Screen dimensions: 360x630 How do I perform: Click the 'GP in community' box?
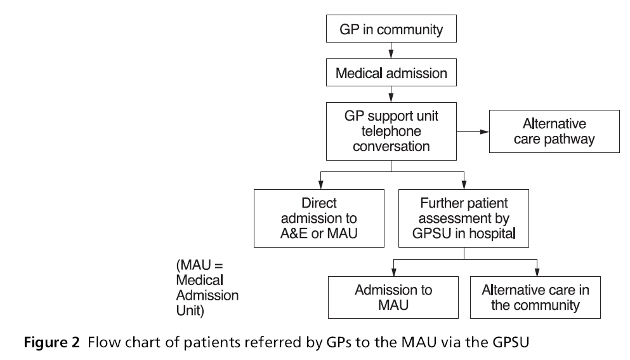pos(391,30)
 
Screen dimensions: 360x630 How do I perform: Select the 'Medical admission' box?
pos(391,73)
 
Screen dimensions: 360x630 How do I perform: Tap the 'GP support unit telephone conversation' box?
pos(391,131)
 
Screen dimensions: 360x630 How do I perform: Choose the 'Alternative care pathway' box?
pos(554,131)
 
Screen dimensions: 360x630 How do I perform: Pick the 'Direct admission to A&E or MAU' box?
pos(318,218)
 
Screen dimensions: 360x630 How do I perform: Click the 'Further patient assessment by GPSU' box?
pos(464,218)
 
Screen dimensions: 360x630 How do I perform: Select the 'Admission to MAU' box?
pos(393,297)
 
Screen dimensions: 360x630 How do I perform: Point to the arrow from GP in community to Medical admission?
pos(391,50)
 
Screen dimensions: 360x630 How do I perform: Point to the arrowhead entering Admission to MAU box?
pos(393,272)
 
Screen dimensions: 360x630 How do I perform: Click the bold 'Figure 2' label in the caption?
pos(53,343)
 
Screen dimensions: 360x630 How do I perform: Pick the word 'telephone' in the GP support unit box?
pos(391,131)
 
